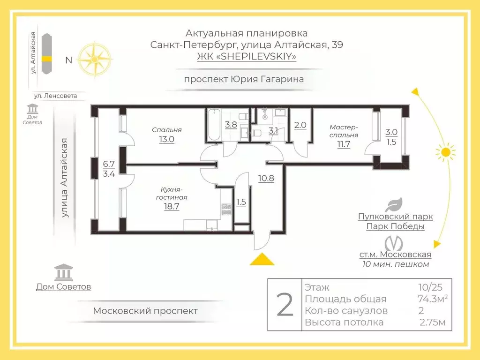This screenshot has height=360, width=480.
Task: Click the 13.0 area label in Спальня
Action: (x=166, y=139)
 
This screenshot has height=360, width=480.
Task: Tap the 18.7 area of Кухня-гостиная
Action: (x=172, y=206)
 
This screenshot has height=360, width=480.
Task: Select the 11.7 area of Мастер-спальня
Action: (x=344, y=144)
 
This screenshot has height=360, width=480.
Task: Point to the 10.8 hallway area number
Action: (x=266, y=178)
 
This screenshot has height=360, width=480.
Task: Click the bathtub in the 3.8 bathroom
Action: (x=214, y=124)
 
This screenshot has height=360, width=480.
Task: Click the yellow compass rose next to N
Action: (x=95, y=59)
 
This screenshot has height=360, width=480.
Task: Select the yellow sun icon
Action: (x=446, y=152)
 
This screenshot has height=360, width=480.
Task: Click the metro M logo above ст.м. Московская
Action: (x=394, y=243)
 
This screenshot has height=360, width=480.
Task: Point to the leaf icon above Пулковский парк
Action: (x=394, y=204)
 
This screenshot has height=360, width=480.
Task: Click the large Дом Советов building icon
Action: (x=63, y=272)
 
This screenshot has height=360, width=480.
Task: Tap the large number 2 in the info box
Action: (x=285, y=305)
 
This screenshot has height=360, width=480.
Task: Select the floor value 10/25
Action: (x=430, y=287)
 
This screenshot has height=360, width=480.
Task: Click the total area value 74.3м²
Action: (x=432, y=299)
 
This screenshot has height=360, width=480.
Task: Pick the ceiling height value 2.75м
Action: (x=433, y=322)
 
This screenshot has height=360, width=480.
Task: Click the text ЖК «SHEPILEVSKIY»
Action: (x=247, y=57)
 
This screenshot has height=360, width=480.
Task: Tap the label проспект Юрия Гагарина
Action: (x=244, y=79)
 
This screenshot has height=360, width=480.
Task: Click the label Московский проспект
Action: (x=145, y=311)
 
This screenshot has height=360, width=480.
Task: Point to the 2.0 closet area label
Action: (x=300, y=125)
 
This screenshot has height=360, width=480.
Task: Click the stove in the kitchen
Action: (x=226, y=209)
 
